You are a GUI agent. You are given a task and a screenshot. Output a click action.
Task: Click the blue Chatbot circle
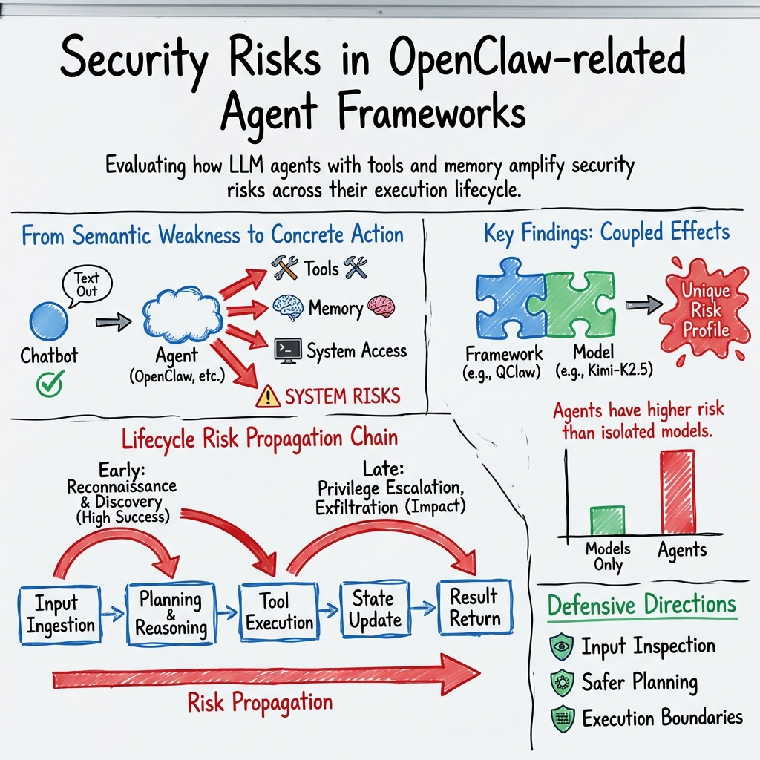(48, 320)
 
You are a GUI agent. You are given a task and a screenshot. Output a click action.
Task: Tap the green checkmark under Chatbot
(50, 384)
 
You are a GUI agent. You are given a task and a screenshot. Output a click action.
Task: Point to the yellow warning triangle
(267, 398)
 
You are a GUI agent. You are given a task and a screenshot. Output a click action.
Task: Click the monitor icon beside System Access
(287, 350)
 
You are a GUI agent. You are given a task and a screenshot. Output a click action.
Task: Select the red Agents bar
(677, 491)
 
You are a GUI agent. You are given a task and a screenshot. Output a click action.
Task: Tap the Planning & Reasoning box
(171, 612)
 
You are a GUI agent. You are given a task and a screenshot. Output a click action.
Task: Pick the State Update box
(376, 609)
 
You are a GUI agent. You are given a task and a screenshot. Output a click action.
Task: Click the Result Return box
(475, 606)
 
